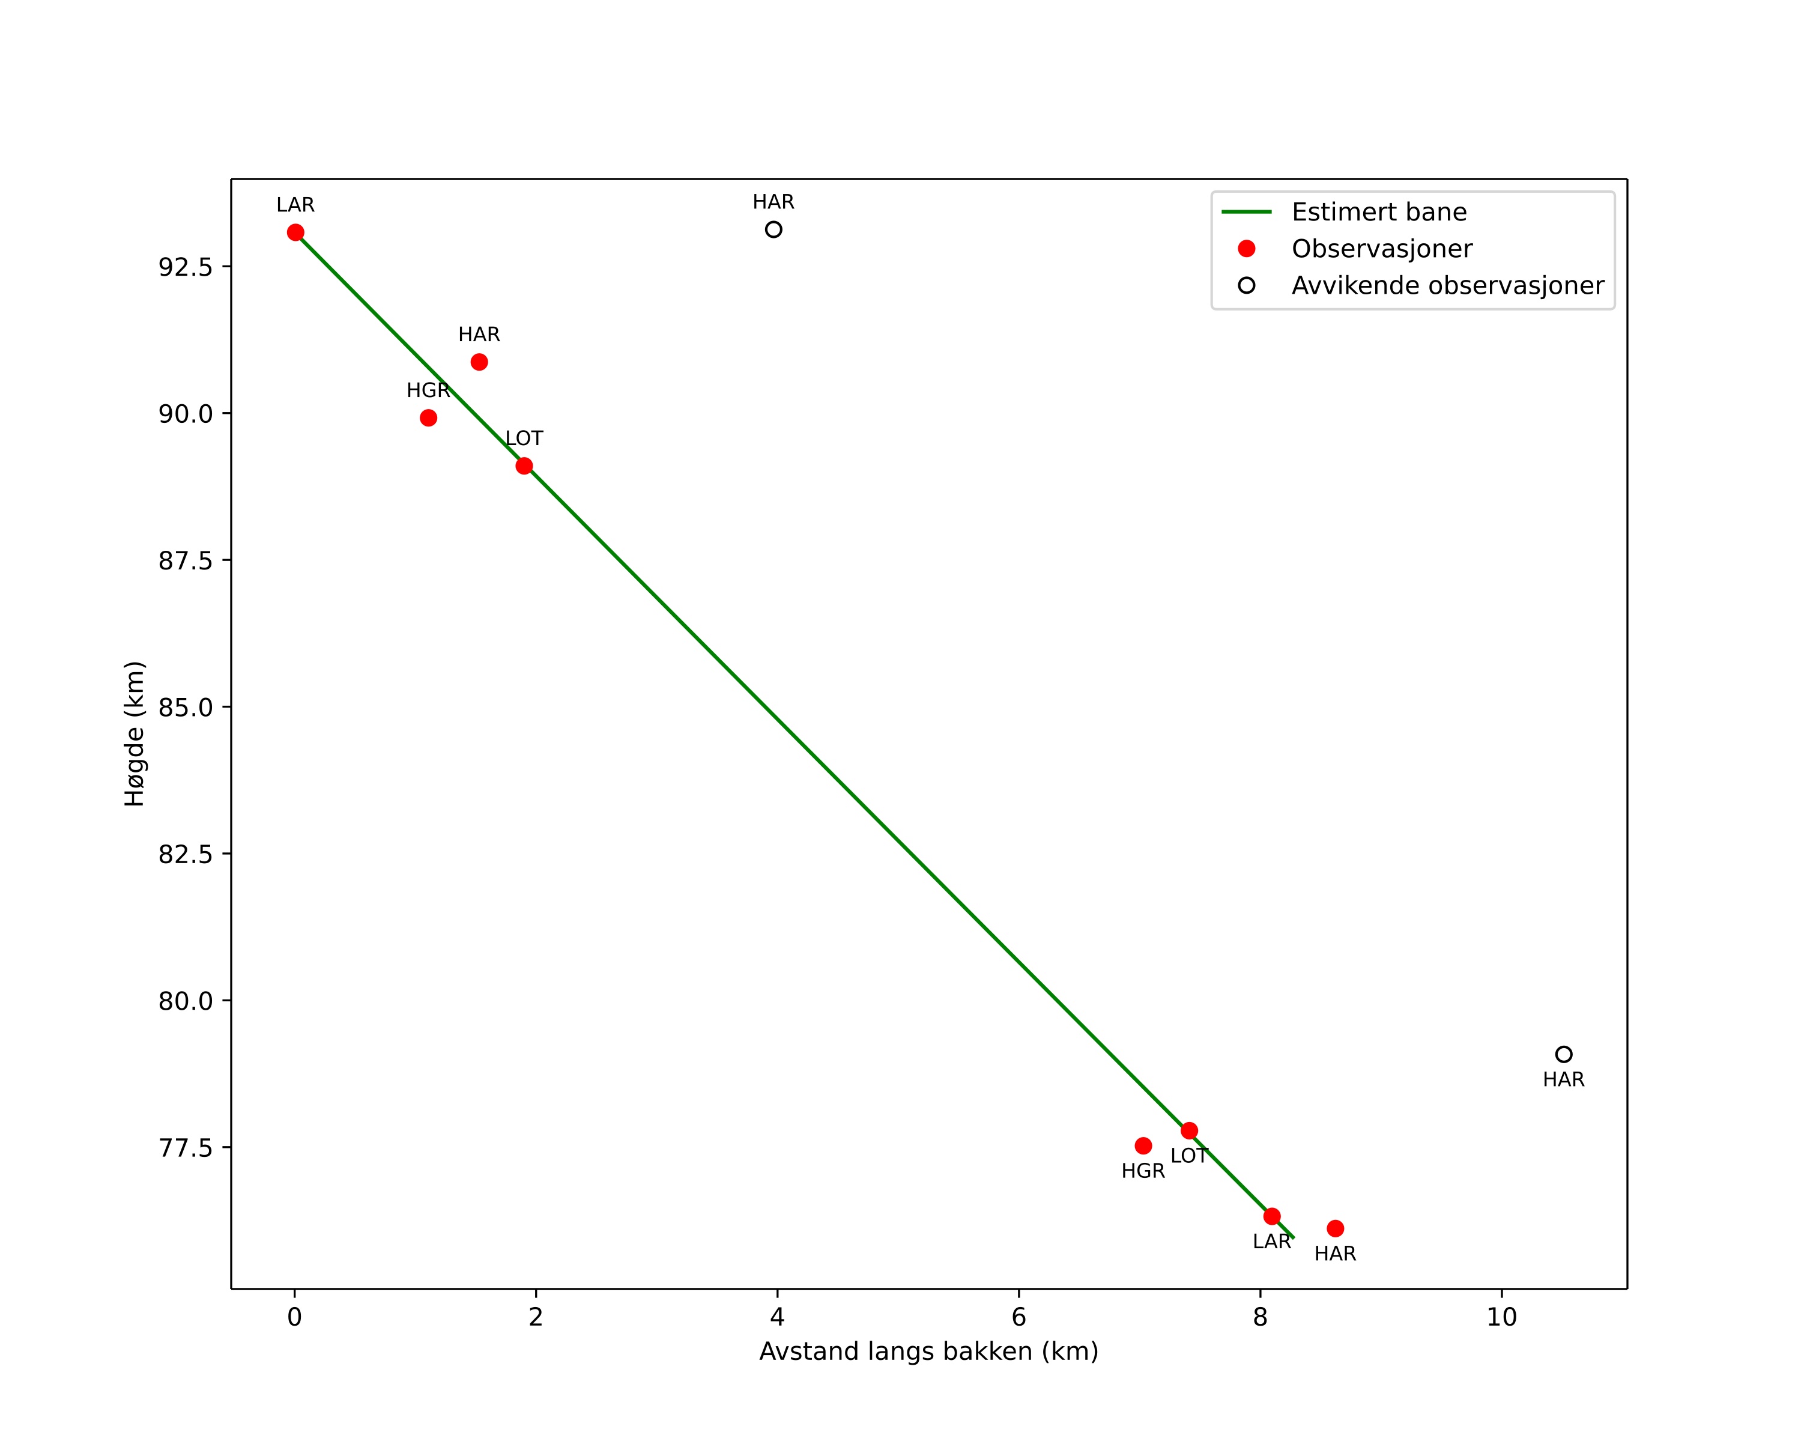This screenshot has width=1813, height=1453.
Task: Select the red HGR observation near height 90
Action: pos(428,418)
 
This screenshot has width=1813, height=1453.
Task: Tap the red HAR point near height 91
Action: pos(479,362)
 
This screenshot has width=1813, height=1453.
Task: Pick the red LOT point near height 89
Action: pos(524,466)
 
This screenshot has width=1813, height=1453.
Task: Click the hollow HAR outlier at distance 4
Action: pos(773,229)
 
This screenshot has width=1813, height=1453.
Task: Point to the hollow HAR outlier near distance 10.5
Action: pos(1563,1054)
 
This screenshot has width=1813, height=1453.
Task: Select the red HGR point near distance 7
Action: pos(1143,1146)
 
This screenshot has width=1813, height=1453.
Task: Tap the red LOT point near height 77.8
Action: pos(1189,1131)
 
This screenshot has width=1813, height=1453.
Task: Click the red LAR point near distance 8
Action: pos(1271,1217)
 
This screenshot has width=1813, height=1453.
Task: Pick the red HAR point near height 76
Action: pos(1336,1228)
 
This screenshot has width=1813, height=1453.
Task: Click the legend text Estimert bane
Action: pos(1379,212)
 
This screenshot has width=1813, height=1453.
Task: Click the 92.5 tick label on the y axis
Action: pos(185,267)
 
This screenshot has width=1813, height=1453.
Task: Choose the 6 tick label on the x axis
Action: pos(1018,1318)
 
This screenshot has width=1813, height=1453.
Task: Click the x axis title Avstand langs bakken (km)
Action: pos(928,1352)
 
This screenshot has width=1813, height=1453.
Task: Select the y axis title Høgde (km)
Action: pos(135,734)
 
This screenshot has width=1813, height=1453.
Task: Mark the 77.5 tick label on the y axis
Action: pos(185,1148)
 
